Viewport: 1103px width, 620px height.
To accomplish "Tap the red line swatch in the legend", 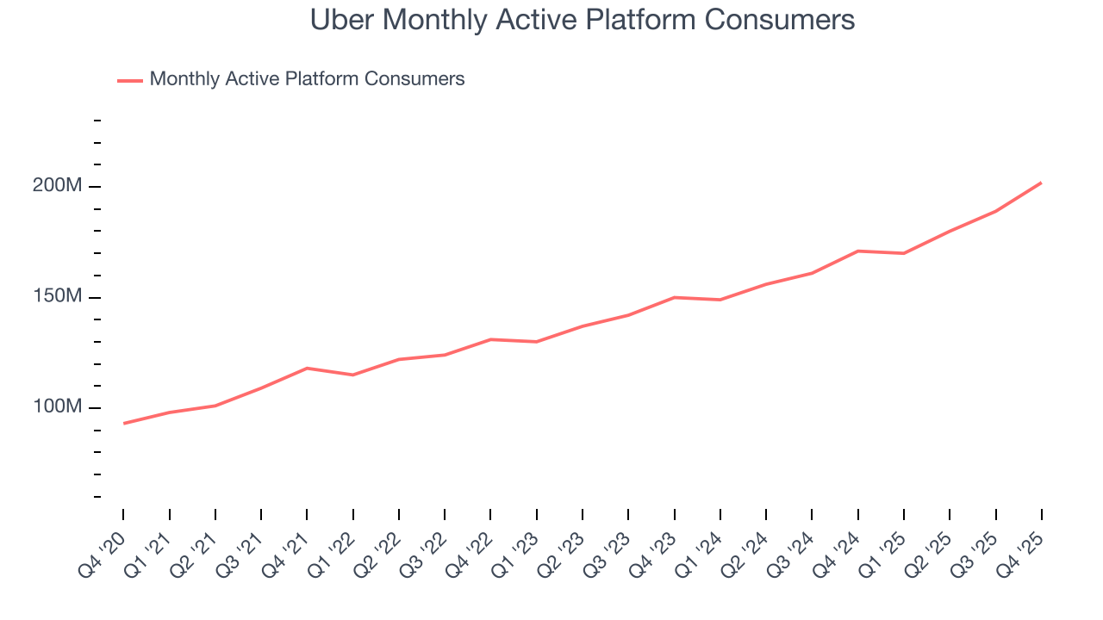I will (130, 80).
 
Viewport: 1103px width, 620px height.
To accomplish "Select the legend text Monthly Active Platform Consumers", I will (307, 79).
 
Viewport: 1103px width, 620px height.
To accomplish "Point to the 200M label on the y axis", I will (58, 186).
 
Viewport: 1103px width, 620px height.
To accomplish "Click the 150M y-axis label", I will (58, 297).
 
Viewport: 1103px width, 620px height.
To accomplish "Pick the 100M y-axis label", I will (58, 407).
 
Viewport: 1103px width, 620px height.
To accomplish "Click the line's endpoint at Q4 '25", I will (1041, 183).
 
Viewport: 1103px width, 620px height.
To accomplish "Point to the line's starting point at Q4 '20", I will (123, 423).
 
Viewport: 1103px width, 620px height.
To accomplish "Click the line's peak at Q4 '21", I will (307, 368).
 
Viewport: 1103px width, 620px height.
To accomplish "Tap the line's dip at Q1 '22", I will (352, 375).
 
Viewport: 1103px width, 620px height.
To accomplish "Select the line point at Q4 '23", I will (674, 297).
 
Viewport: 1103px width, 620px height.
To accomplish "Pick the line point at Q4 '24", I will (857, 251).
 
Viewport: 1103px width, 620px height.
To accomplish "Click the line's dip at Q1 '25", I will (903, 253).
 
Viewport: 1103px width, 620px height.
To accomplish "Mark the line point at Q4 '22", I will (490, 339).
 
